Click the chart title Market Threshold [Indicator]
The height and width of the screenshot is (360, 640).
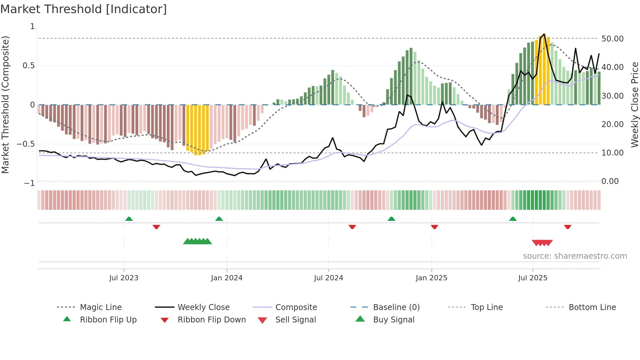coord(84,9)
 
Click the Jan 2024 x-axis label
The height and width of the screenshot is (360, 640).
coord(227,278)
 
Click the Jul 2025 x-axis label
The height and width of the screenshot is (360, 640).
coord(533,278)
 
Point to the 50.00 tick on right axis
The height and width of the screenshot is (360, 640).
coord(612,39)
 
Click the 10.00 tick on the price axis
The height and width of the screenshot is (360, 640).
coord(612,153)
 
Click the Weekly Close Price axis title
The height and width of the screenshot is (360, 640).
coord(634,105)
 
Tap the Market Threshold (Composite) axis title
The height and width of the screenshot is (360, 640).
coord(5,105)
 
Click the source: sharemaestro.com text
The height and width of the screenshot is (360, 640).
coord(575,256)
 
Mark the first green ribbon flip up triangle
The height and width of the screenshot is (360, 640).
coord(129,219)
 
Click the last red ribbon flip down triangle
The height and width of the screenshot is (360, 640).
coord(568,227)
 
